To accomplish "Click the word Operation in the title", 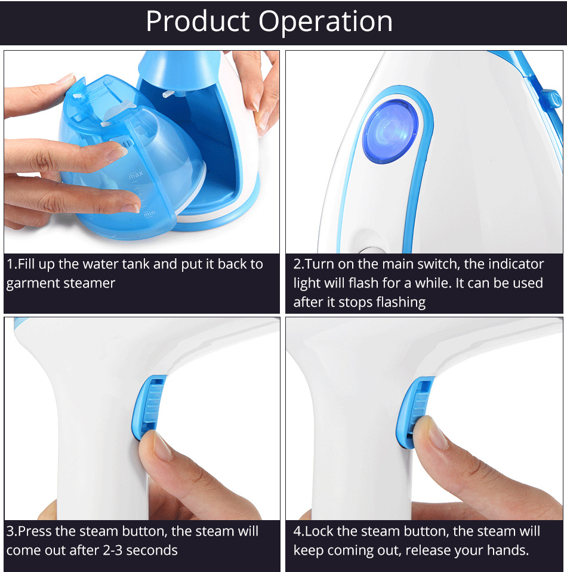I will [x=325, y=22].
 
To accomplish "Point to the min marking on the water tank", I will [x=149, y=214].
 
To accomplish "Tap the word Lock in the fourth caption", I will [x=320, y=531].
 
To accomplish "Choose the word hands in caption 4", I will [x=508, y=550].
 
